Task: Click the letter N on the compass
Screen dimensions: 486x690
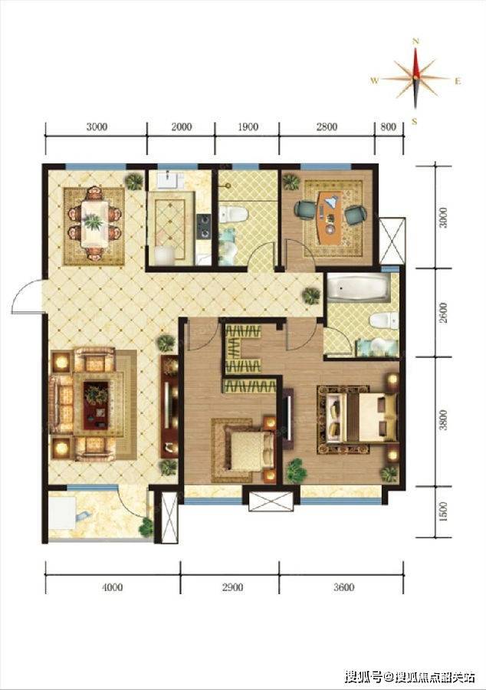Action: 415,41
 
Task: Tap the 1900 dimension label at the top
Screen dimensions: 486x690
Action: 248,127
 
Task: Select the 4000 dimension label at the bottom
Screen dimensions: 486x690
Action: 112,587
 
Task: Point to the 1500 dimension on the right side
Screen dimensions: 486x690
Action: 443,512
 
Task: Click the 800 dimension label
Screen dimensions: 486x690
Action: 389,127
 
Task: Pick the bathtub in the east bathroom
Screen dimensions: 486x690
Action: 357,288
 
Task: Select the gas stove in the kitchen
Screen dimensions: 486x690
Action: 204,226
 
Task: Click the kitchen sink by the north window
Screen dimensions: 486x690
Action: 170,180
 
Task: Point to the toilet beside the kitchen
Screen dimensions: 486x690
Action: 234,215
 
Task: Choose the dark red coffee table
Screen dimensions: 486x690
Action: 96,406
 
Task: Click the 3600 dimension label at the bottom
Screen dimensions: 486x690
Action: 343,587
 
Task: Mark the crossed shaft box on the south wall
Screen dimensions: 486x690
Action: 271,501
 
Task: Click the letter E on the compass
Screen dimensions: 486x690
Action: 458,81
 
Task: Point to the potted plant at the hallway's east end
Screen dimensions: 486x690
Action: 311,296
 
